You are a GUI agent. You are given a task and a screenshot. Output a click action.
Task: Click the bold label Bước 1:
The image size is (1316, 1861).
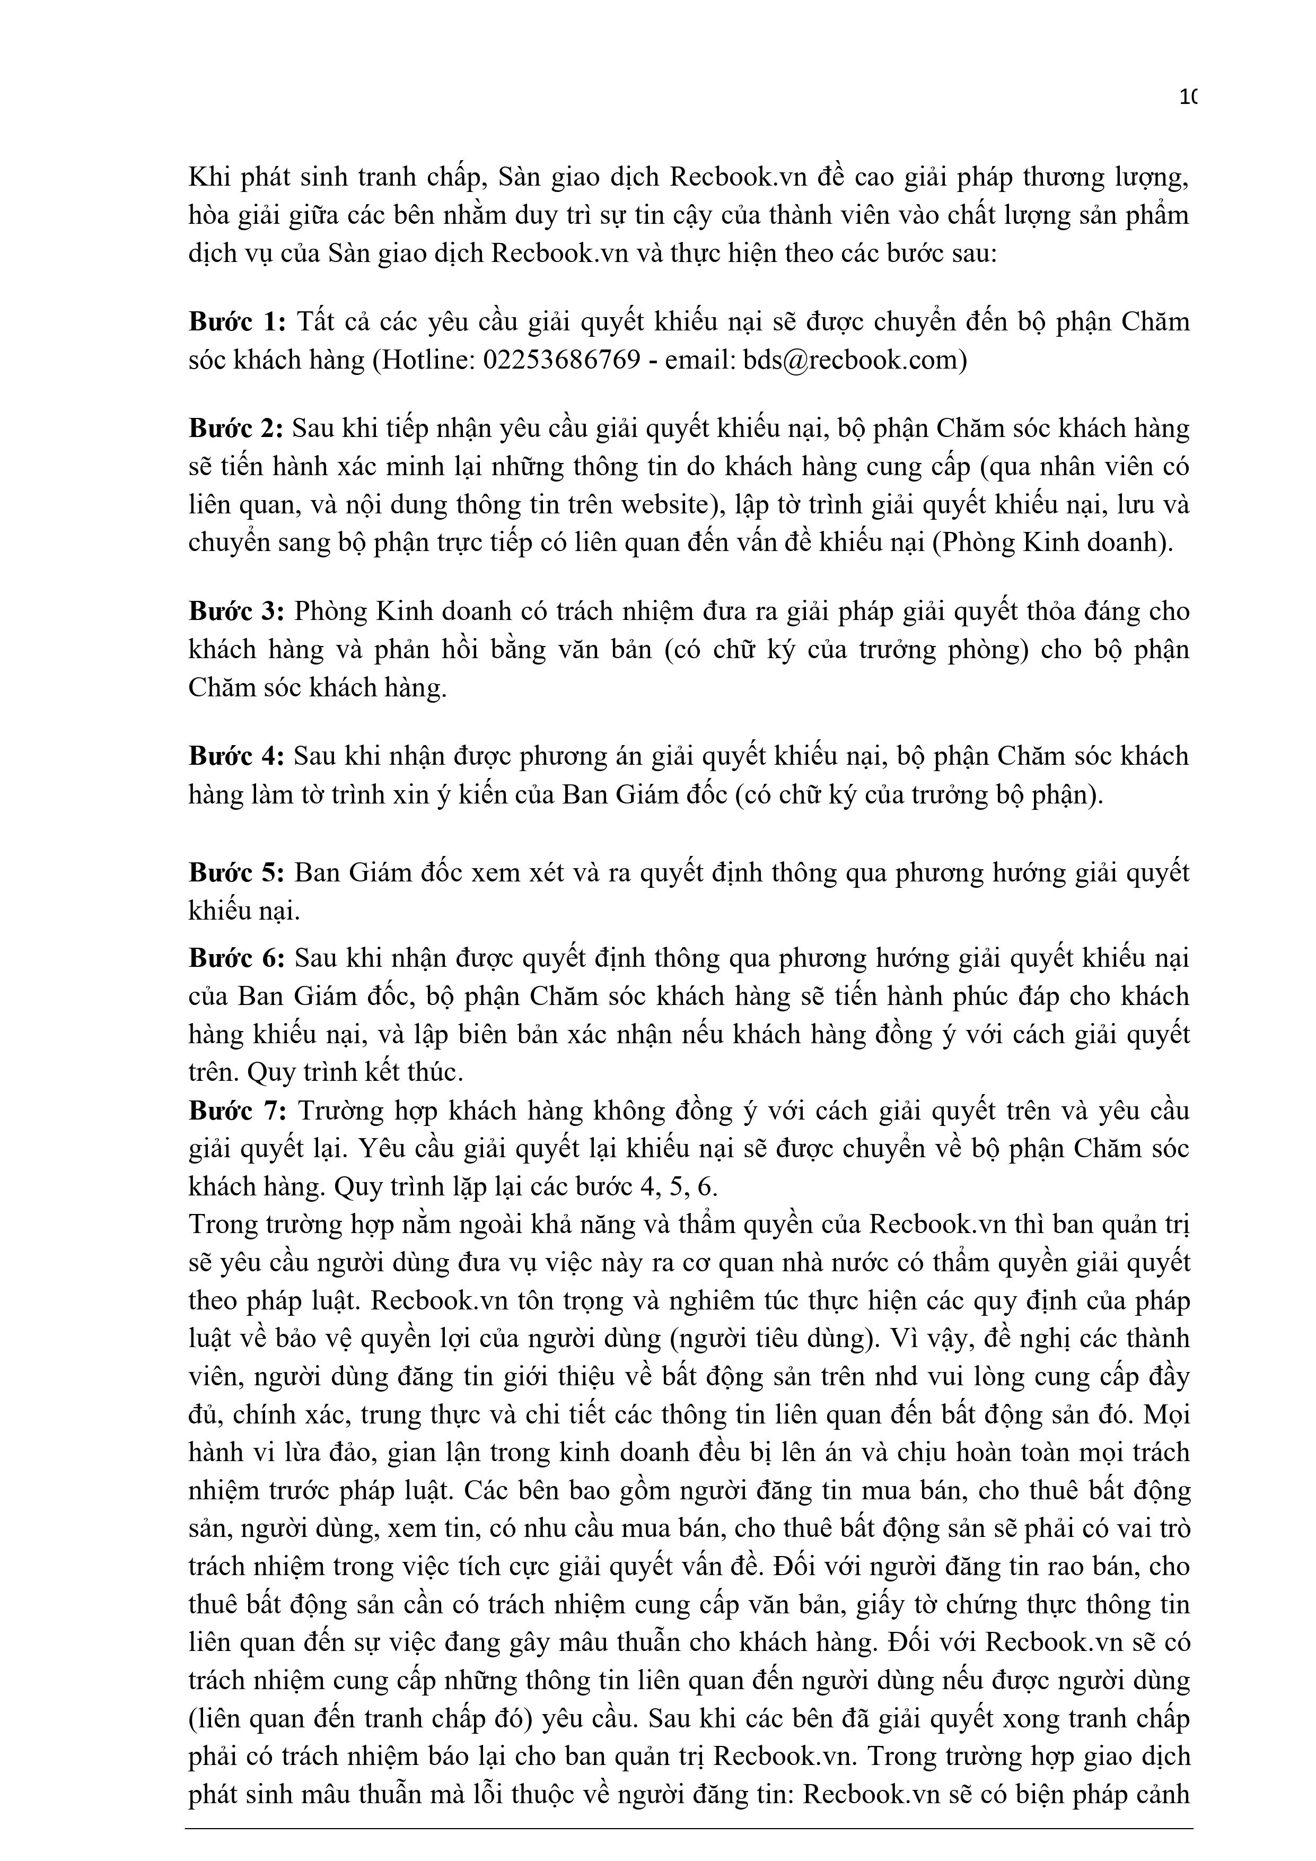click(238, 322)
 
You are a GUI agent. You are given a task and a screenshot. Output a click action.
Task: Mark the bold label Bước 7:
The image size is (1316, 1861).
click(238, 1111)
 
